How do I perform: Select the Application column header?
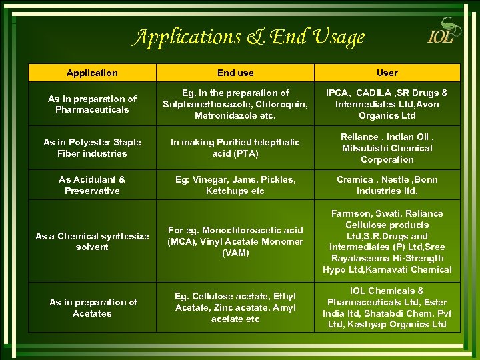pos(92,73)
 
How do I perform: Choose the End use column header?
pos(235,73)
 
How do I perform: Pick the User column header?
pos(387,73)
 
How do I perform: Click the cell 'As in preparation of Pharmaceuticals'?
pos(92,104)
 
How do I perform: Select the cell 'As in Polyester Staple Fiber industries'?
pos(92,147)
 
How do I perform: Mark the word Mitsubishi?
pos(365,148)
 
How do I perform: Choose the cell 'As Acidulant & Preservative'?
pos(92,185)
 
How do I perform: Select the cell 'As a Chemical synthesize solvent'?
pos(92,241)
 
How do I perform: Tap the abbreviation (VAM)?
pos(235,253)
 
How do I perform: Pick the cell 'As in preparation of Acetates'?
pos(92,307)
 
